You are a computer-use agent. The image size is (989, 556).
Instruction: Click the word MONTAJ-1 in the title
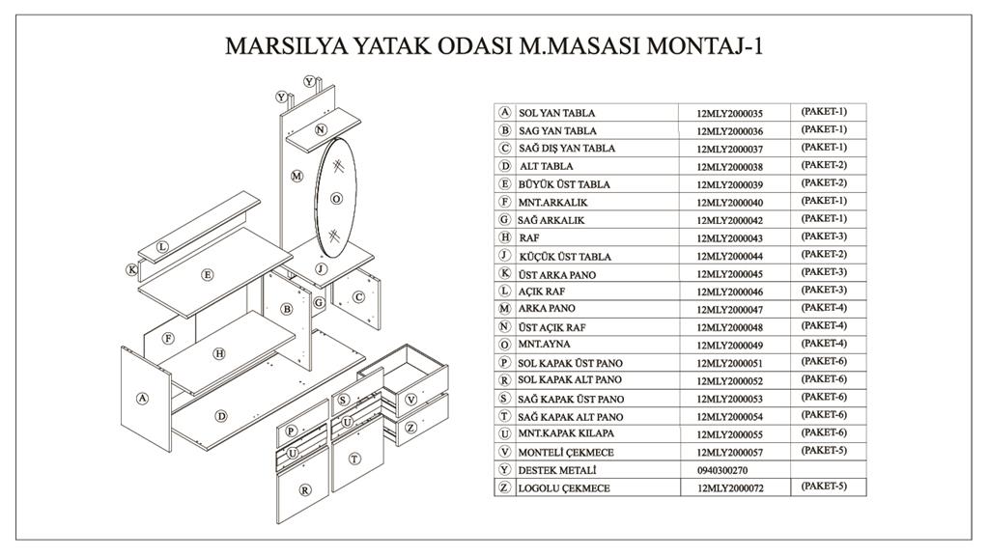coord(705,46)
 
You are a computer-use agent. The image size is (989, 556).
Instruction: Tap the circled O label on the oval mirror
coord(336,199)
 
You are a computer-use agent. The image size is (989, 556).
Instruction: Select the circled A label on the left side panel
coord(143,399)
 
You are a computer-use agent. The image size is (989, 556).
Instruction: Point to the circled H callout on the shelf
coord(219,353)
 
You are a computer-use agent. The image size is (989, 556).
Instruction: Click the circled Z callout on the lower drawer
coord(410,428)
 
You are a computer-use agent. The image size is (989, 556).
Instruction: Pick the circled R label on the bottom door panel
coord(305,489)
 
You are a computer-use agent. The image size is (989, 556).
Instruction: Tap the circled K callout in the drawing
coord(131,270)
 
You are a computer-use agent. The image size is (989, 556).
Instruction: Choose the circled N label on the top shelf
coord(321,129)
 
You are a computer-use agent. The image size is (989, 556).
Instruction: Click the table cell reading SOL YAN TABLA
coord(557,114)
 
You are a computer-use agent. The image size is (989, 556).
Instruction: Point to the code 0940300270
coord(722,470)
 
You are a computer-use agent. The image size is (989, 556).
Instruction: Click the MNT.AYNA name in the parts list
coord(544,345)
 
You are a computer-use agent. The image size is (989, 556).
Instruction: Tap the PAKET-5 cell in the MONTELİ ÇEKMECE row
coord(824,450)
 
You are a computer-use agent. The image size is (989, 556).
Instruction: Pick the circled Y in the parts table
coord(504,470)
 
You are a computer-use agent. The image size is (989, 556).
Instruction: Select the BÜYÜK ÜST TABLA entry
coord(564,184)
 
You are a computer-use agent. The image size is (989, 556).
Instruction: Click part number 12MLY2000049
coord(730,346)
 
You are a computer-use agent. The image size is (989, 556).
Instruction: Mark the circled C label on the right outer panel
coord(358,297)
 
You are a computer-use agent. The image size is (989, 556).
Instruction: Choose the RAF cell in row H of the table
coord(529,238)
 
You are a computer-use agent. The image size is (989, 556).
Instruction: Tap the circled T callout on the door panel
coord(354,459)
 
